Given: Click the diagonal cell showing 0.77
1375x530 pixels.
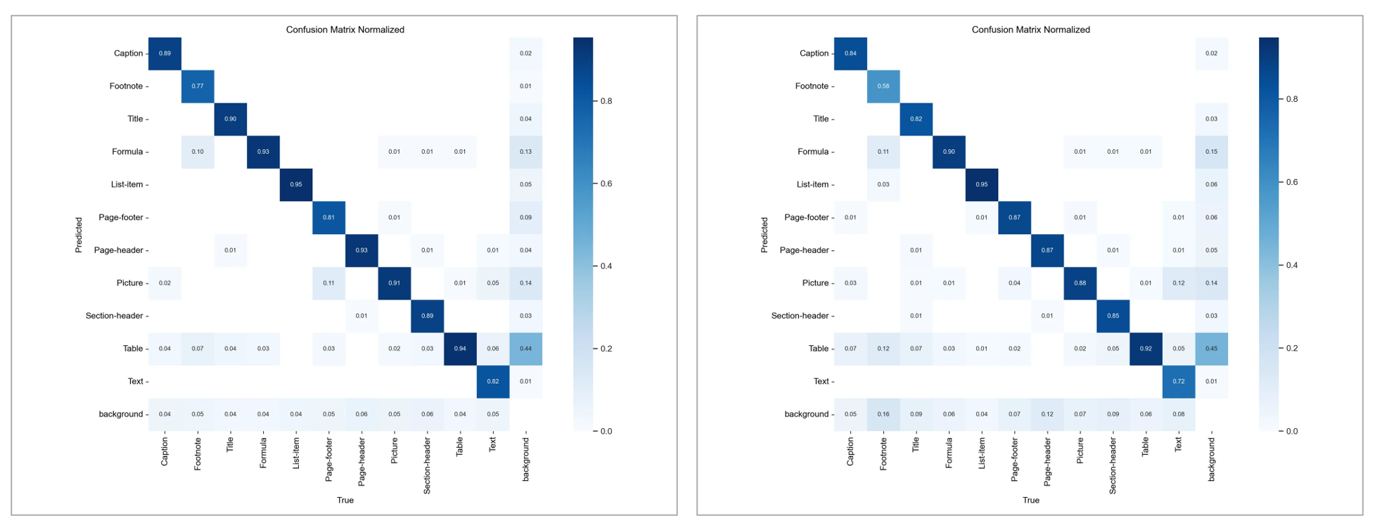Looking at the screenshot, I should [198, 86].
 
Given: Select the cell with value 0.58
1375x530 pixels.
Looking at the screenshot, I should [883, 86].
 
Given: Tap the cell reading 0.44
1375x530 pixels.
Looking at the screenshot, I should [525, 349].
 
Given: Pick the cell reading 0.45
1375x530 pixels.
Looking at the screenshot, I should [1211, 349].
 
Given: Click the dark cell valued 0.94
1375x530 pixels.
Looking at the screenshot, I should [460, 349].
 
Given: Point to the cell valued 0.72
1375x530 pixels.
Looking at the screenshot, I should [1178, 382].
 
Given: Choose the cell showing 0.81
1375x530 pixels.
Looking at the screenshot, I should [328, 217].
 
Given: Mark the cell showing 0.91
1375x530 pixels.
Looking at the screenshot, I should [395, 283].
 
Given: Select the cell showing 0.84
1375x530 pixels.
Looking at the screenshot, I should [850, 53].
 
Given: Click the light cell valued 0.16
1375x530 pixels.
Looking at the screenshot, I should [883, 414].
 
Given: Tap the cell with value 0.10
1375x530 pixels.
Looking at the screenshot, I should [198, 152].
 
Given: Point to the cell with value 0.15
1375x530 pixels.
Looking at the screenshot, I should [1211, 152].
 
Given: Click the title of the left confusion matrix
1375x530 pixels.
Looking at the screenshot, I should [345, 30].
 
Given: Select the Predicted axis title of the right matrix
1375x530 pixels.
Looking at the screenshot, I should [765, 235].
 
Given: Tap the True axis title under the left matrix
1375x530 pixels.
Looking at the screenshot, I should [345, 500].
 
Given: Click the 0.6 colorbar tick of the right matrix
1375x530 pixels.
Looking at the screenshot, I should [1291, 182].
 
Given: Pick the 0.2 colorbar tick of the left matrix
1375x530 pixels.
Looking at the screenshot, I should [606, 349].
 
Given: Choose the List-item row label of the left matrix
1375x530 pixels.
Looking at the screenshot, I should [127, 185].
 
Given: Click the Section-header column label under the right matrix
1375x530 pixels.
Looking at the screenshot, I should [1113, 465].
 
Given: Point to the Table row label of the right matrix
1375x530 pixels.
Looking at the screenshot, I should [819, 349].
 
